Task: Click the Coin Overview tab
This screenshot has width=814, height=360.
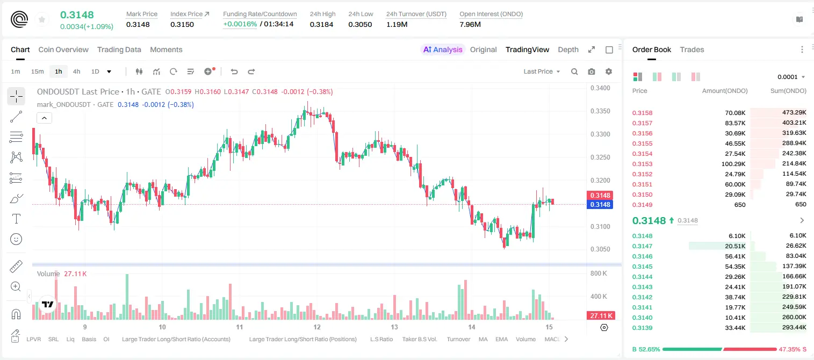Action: (63, 49)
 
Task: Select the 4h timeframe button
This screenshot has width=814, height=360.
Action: (76, 71)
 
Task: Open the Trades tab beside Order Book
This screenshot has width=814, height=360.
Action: (691, 49)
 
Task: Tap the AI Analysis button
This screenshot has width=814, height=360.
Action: (443, 49)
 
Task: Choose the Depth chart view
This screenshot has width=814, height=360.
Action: (568, 49)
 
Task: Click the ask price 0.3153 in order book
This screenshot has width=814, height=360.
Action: (642, 164)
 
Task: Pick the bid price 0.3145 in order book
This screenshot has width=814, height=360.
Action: (642, 267)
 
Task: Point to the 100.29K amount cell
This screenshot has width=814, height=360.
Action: (733, 164)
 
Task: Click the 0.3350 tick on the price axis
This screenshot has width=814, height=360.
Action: (600, 111)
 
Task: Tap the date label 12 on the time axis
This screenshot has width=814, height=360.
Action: (317, 327)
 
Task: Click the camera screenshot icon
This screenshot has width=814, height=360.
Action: (591, 71)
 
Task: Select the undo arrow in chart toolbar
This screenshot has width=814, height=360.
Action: (234, 71)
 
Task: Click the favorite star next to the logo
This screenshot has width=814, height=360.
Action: (42, 19)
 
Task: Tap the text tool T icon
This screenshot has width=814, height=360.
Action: (16, 219)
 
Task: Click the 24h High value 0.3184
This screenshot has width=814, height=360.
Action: (321, 24)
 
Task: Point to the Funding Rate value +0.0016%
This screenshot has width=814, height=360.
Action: (240, 24)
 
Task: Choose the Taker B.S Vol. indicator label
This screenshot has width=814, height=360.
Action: (419, 339)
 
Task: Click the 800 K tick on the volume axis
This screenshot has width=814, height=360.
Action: (599, 273)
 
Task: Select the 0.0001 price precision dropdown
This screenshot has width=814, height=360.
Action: (791, 77)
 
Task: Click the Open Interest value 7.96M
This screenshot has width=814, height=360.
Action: (470, 24)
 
